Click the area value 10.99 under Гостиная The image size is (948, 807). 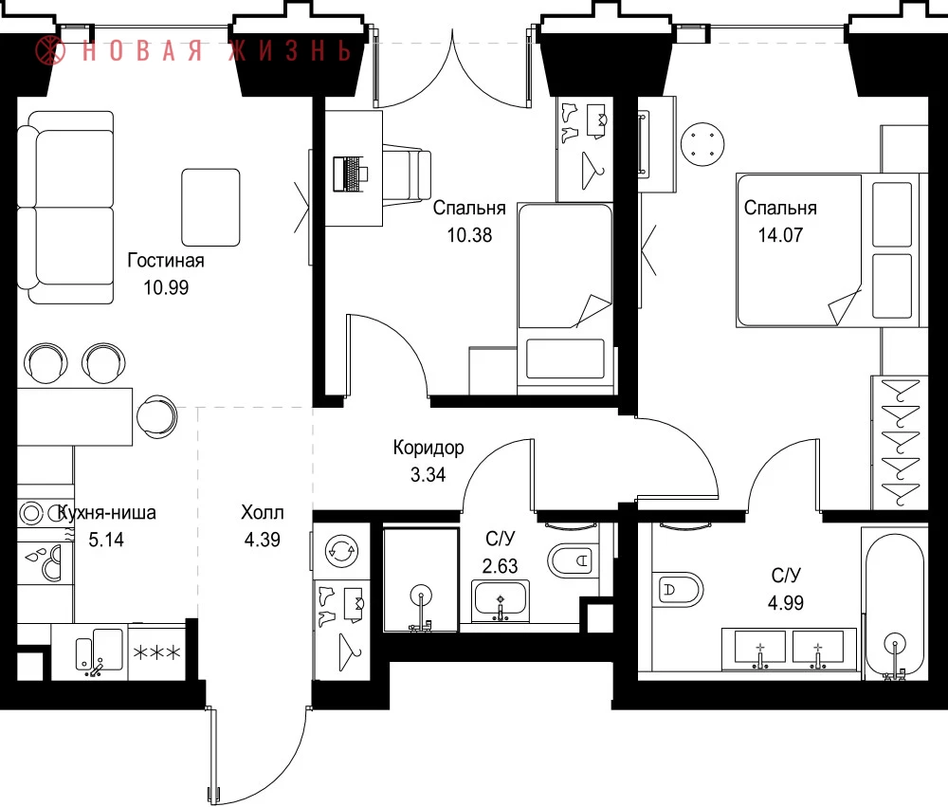[166, 287]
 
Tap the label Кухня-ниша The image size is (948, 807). [106, 513]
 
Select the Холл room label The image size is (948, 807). [263, 512]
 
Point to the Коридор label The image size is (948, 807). [428, 448]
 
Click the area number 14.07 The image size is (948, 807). [780, 235]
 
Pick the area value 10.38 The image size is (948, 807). [469, 235]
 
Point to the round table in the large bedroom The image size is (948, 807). [702, 144]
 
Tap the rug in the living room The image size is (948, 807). [211, 208]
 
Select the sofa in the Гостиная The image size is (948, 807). [66, 208]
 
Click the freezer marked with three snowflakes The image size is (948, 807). [156, 652]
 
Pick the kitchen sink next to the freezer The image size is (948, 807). [100, 652]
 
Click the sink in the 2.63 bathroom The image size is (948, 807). [500, 601]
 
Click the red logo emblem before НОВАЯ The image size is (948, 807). [49, 49]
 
